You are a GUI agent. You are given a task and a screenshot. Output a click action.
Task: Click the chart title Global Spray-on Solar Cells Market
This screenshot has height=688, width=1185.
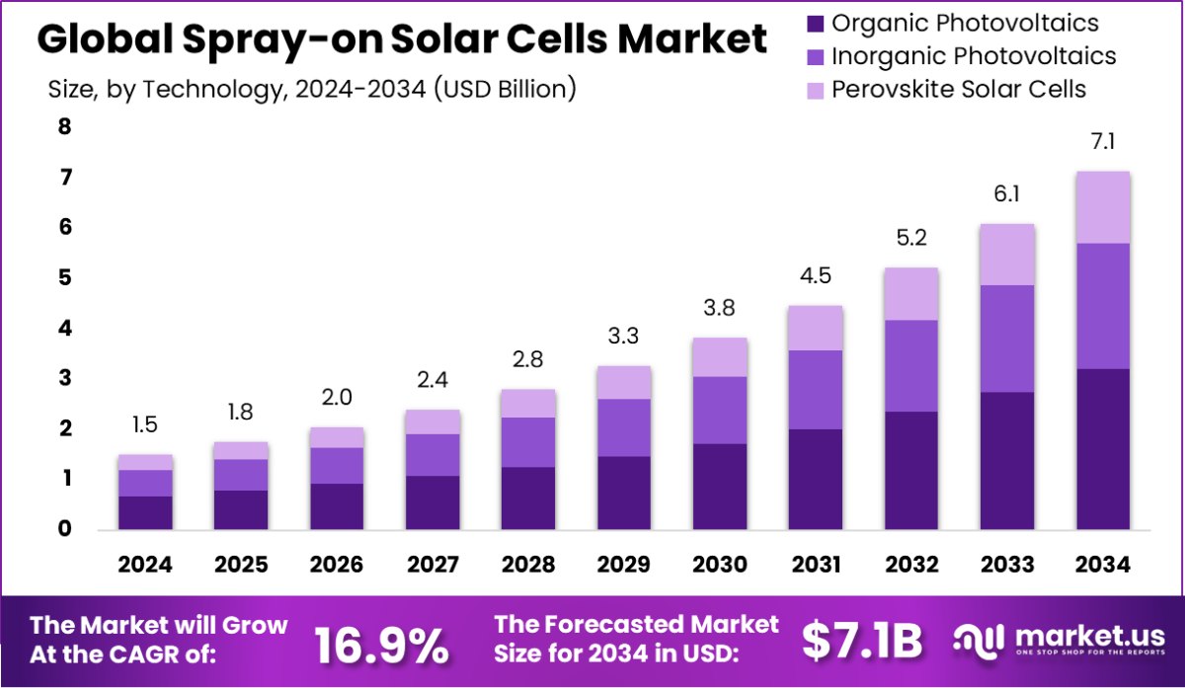click(402, 39)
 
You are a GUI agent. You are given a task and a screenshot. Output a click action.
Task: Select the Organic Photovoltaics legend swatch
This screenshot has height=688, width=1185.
click(814, 23)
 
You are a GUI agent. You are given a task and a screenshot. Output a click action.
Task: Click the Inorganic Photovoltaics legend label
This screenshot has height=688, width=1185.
click(974, 56)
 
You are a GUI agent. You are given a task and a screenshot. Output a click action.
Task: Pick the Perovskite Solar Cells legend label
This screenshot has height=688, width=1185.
click(959, 89)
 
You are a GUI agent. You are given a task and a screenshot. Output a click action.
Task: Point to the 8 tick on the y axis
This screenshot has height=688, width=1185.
click(64, 126)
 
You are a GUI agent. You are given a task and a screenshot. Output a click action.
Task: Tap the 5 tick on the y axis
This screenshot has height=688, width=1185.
click(64, 277)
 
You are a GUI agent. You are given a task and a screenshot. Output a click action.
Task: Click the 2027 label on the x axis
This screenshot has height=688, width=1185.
click(433, 565)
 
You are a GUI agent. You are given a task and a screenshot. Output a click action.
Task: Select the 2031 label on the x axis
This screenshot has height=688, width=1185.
click(815, 565)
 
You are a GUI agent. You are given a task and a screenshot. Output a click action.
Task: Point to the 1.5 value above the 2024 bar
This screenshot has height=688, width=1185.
click(146, 425)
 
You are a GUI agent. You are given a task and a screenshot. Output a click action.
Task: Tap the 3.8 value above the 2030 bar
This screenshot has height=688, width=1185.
click(720, 309)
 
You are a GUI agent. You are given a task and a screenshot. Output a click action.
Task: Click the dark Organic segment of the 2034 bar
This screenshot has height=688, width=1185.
click(1103, 449)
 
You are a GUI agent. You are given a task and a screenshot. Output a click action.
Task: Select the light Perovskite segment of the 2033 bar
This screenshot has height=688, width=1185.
click(1007, 255)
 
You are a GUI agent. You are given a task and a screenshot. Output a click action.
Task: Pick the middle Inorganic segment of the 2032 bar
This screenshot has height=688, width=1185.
click(911, 365)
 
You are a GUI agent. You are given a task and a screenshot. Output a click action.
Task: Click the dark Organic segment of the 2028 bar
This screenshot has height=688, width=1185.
click(528, 498)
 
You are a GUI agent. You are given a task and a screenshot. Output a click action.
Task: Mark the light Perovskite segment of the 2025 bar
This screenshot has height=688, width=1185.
click(242, 450)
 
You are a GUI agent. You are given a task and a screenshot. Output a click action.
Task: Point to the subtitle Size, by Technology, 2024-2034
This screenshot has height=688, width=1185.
click(312, 89)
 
